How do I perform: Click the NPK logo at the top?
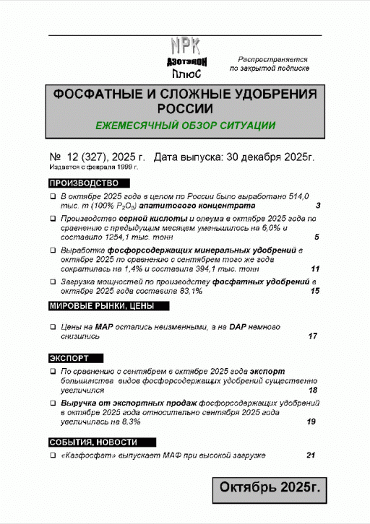(x=184, y=58)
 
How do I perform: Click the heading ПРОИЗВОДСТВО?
(x=83, y=182)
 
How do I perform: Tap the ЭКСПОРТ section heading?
(x=69, y=358)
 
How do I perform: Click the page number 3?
(x=318, y=206)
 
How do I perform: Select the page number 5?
(x=318, y=237)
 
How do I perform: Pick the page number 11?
(x=314, y=268)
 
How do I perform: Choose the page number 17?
(x=313, y=336)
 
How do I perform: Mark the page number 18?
(x=313, y=390)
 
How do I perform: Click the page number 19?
(x=311, y=422)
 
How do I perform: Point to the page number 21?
(x=311, y=455)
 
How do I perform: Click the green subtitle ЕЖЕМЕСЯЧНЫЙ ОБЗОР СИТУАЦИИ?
(x=185, y=125)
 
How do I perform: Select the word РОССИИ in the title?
(x=185, y=108)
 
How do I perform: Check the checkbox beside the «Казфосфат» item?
(x=53, y=456)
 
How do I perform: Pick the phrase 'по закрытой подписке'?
(x=270, y=69)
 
